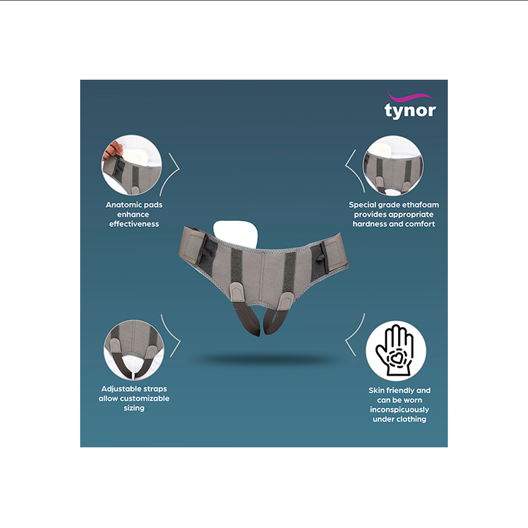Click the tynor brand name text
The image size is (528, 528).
410,111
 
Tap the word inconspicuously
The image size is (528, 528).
399,410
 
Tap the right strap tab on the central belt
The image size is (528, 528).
286,300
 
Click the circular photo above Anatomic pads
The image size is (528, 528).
132,165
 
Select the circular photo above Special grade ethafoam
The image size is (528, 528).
393,166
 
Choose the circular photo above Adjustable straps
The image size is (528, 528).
134,350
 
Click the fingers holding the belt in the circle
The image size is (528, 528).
112,151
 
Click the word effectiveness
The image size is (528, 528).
134,224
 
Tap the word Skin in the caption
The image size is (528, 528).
375,391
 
